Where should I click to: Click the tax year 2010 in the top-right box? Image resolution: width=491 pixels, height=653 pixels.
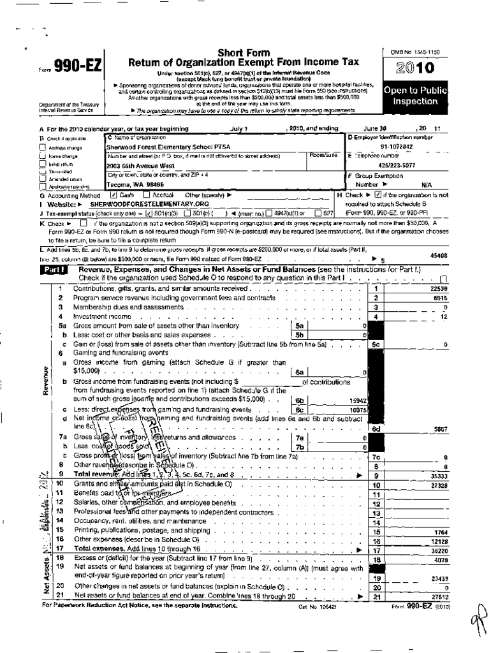pyautogui.click(x=414, y=68)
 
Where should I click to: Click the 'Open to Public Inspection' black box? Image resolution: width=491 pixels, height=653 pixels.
pyautogui.click(x=414, y=96)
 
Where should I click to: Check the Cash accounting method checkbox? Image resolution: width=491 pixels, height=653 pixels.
pyautogui.click(x=114, y=194)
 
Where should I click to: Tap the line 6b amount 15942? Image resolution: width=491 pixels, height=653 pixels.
pyautogui.click(x=358, y=400)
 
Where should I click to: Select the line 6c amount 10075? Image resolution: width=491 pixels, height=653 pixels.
pyautogui.click(x=358, y=409)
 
